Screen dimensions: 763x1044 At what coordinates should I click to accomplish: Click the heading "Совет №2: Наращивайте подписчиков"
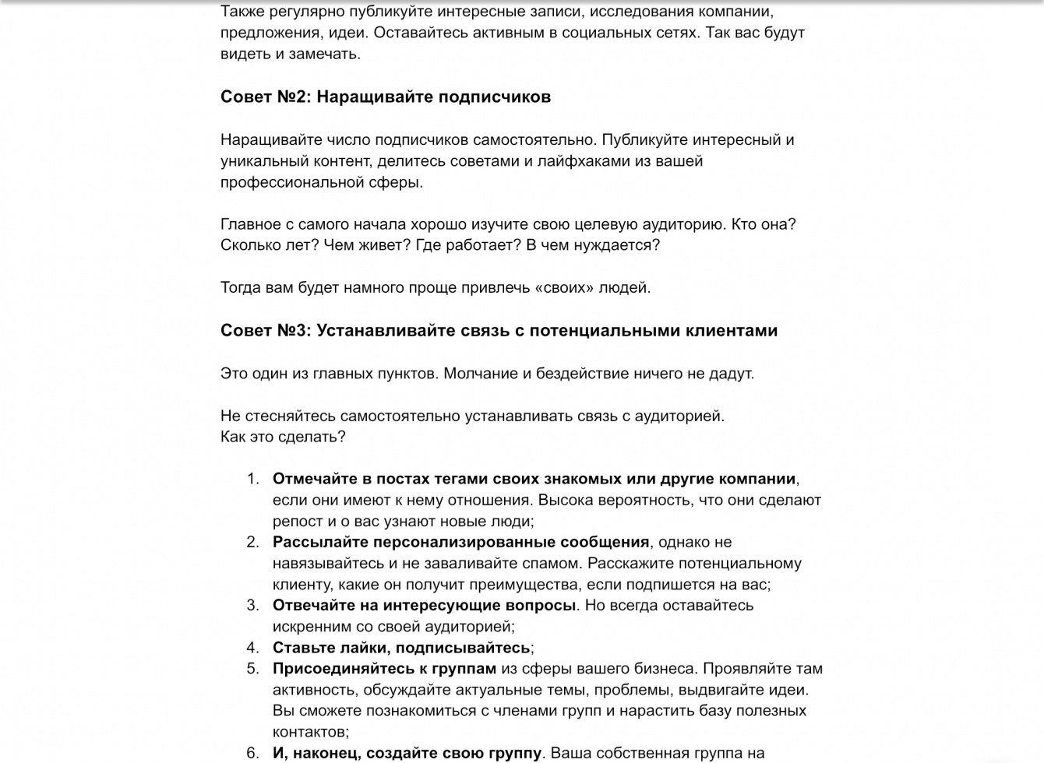[x=386, y=97]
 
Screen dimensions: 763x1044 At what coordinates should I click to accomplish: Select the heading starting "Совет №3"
[x=499, y=331]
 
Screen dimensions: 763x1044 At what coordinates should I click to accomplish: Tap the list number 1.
[x=252, y=479]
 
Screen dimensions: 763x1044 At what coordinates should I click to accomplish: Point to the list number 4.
[x=252, y=648]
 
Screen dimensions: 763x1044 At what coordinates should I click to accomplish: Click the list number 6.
[x=252, y=753]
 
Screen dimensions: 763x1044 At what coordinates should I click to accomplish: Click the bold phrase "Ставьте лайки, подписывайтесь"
[x=401, y=648]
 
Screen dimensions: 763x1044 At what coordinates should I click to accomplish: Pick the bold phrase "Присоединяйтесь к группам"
[x=384, y=669]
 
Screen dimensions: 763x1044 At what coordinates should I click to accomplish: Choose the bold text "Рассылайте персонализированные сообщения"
[x=460, y=542]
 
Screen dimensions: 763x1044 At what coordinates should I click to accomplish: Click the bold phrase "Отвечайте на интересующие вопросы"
[x=424, y=605]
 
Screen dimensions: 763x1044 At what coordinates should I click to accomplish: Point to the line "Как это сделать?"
[x=283, y=437]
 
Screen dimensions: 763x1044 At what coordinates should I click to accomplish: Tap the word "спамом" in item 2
[x=556, y=563]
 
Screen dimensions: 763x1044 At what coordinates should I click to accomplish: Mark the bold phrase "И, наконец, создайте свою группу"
[x=407, y=753]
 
